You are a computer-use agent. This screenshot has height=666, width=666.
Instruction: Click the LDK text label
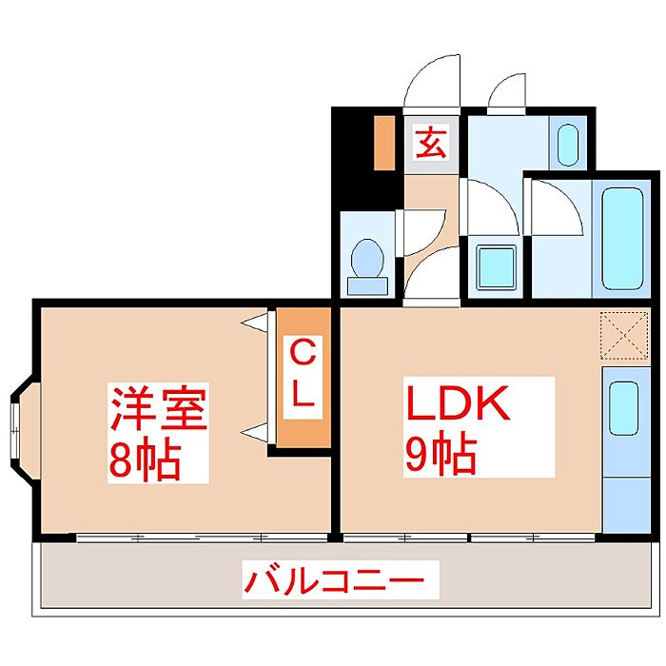460,405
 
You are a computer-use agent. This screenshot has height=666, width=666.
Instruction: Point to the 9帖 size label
441,457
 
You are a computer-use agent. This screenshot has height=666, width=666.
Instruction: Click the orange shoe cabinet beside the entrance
384,143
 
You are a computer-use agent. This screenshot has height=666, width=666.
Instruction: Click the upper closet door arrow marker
255,323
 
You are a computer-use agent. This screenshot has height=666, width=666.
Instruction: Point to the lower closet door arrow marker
255,433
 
